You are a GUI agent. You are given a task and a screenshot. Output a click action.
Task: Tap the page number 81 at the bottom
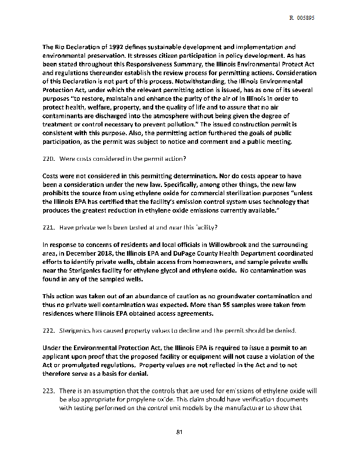[x=180, y=432]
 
